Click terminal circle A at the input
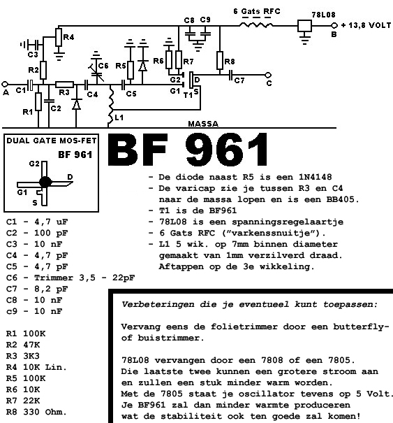point(5,84)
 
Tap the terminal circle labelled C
point(268,75)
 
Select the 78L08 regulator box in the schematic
point(304,26)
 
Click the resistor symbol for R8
point(220,60)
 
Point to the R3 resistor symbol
point(64,85)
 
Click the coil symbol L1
point(111,106)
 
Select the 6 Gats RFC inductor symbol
point(256,25)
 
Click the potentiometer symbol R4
point(59,37)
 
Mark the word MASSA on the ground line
point(203,124)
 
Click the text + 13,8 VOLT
point(366,25)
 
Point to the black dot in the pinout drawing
point(45,182)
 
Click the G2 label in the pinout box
point(34,164)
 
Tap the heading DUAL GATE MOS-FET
point(52,141)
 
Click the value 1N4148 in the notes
point(315,177)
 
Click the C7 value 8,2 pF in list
point(51,289)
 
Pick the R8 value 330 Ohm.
point(45,412)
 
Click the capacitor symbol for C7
point(230,75)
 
